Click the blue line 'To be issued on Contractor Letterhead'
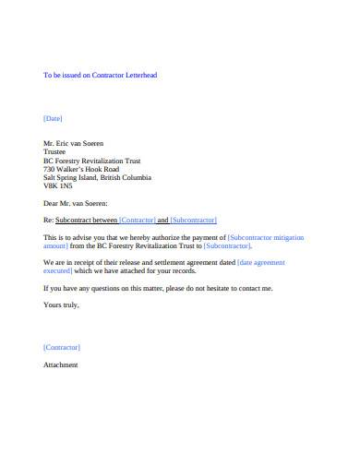click(x=101, y=75)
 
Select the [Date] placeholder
click(x=54, y=118)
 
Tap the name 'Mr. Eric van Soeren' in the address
click(x=74, y=143)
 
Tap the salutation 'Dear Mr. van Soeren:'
click(x=76, y=202)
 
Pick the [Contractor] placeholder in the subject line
click(x=138, y=220)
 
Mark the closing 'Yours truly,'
click(x=62, y=305)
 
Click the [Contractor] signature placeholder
click(x=62, y=347)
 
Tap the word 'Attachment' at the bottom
click(x=61, y=364)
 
